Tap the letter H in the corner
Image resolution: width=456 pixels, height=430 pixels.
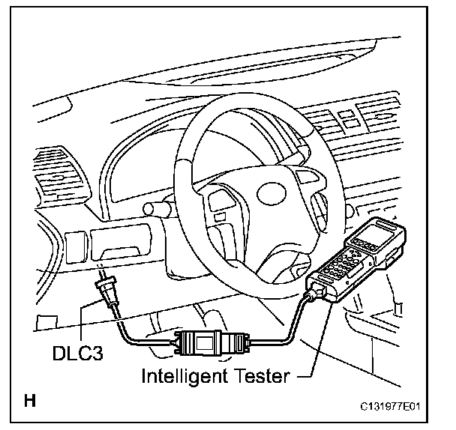pos(30,401)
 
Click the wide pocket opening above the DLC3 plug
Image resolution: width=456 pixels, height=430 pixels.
pos(124,244)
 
